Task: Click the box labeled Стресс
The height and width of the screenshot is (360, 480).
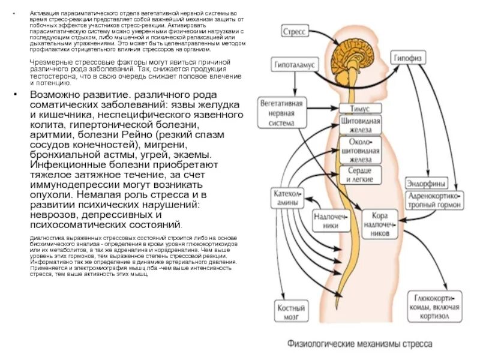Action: (295, 30)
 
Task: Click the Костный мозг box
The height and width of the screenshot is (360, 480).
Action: (290, 311)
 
